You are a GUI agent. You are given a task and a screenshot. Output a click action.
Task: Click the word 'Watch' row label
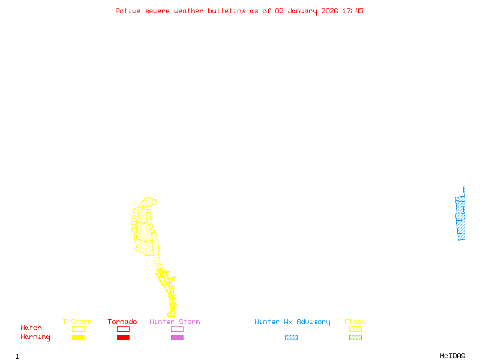[x=31, y=328]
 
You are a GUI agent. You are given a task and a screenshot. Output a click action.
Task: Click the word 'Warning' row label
[x=35, y=337]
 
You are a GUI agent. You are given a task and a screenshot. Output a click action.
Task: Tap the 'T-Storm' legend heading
[x=77, y=322]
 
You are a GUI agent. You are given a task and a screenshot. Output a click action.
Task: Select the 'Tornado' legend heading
[x=122, y=322]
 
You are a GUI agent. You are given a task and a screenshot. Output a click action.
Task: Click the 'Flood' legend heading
[x=355, y=322]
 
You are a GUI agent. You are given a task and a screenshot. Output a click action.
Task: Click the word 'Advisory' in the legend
[x=313, y=322]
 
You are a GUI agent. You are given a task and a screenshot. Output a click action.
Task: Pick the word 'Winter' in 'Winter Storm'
[x=162, y=322]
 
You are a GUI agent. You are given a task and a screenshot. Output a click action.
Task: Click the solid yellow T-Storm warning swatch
[x=78, y=338]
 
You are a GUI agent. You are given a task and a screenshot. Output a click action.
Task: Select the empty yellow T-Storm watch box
[x=78, y=329]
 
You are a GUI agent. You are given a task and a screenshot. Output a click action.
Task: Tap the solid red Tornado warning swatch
[x=123, y=338]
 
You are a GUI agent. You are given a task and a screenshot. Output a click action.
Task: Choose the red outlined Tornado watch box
[x=123, y=329]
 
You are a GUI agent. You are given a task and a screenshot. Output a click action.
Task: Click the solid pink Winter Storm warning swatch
[x=177, y=338]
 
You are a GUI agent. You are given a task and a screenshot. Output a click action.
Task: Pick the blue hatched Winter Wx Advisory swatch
[x=291, y=338]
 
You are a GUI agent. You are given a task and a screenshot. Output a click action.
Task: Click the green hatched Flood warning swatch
[x=355, y=338]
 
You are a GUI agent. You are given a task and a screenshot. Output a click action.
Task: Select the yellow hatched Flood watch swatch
[x=355, y=329]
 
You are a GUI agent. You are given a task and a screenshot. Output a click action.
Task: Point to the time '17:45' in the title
[x=353, y=11]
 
